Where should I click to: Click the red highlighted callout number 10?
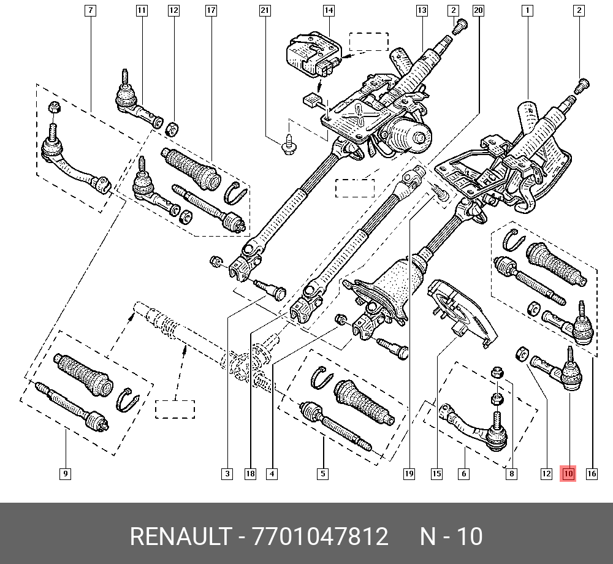coord(568,474)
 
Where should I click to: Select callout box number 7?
coord(90,10)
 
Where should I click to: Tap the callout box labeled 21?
coord(265,10)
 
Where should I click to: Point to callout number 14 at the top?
coord(329,10)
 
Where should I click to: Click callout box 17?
coord(211,10)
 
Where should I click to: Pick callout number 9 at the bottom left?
coord(66,474)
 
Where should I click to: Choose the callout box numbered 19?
coord(409,474)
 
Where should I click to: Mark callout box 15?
coord(436,474)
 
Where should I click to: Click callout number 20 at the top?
coord(479,10)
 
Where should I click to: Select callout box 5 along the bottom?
coord(322,474)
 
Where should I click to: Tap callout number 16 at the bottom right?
coord(592,474)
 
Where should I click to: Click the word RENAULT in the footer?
coord(181,536)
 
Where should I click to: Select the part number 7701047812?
coord(320,536)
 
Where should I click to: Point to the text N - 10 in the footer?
coord(451,536)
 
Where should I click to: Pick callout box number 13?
coord(422,10)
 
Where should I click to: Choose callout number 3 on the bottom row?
coord(227,474)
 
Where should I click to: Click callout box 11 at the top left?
coord(142,10)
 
